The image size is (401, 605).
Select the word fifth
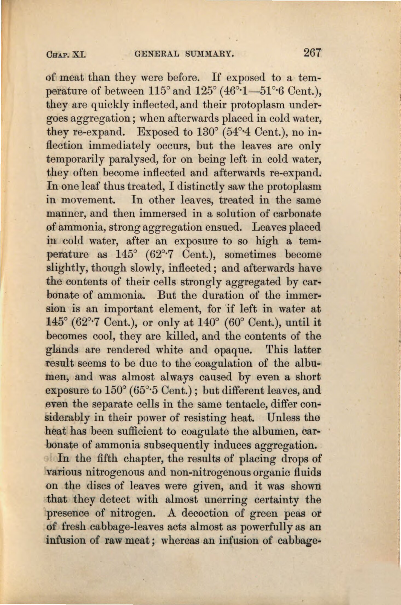point(107,458)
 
